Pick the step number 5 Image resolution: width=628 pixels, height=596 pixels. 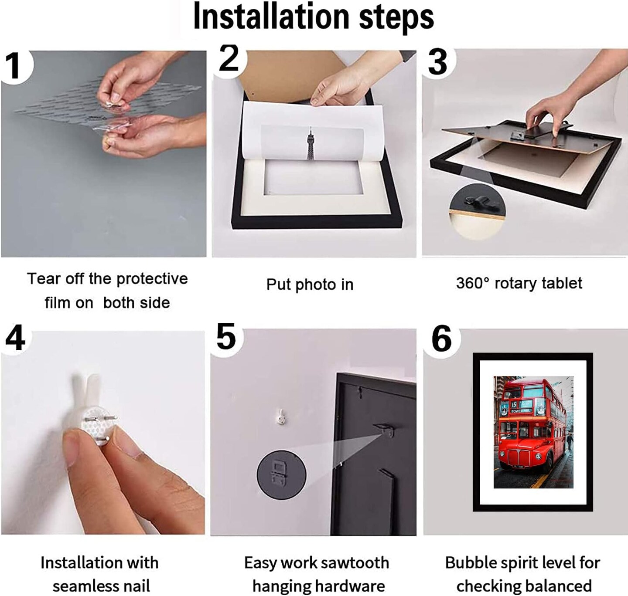(226, 336)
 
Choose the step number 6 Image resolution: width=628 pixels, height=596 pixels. (442, 339)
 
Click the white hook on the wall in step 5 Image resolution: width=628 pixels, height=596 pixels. (281, 417)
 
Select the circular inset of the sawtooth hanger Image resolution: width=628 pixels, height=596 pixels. (281, 472)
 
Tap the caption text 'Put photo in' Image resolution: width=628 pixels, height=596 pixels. (310, 285)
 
